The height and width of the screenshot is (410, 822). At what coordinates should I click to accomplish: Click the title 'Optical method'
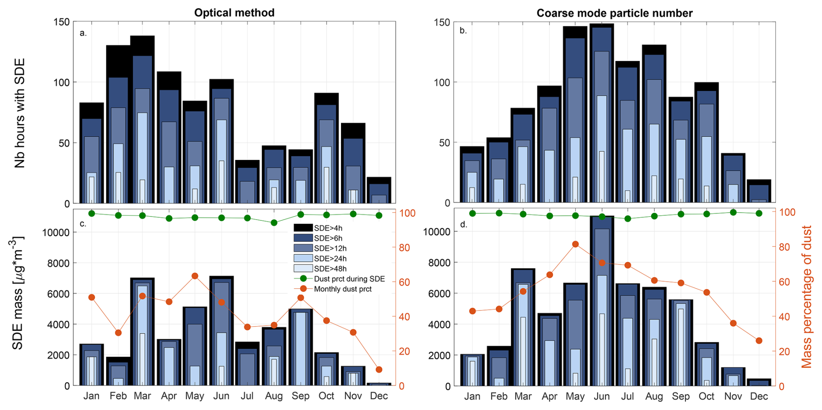point(234,13)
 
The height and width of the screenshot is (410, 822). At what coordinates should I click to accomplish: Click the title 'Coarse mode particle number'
point(614,13)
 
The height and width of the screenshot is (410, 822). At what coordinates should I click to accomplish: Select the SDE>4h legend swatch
point(303,228)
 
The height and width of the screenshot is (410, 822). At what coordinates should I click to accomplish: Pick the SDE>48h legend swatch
point(303,269)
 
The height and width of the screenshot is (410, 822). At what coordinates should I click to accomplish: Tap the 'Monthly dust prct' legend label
point(343,289)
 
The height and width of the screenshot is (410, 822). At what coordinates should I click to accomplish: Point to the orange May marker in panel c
point(195,276)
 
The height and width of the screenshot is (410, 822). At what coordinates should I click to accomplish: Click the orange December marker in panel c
point(379,370)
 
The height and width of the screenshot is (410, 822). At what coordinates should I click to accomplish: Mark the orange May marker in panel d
point(575,244)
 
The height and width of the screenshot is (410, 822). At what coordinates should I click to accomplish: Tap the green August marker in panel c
point(274,223)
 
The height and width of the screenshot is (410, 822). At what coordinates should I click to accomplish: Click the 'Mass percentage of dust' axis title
point(806,297)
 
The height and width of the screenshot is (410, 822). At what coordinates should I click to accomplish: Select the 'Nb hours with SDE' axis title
point(20,113)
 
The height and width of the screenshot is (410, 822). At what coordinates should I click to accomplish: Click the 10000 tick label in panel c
point(56,233)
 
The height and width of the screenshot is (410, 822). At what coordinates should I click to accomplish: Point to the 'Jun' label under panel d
point(602,397)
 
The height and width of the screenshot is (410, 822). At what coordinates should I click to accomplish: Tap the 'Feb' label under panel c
point(118,396)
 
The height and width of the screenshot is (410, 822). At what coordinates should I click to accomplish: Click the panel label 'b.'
point(463,31)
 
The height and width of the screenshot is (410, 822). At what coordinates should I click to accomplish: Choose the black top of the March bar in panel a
point(143,45)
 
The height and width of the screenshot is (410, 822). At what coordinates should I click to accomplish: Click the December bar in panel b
point(759,191)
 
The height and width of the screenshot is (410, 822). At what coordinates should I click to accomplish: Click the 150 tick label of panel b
point(441,23)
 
